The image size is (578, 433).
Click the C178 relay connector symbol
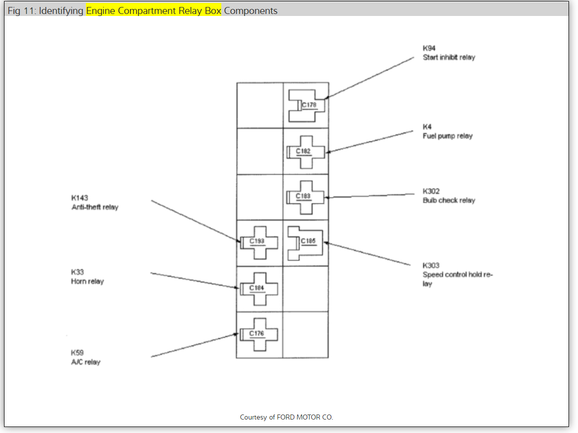307,105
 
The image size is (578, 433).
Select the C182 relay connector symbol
306,151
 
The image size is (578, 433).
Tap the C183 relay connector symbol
306,197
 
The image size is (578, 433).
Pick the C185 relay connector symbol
305,242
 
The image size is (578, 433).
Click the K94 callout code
429,48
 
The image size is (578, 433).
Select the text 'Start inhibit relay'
449,57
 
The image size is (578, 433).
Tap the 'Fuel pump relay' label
447,136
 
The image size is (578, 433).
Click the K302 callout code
431,191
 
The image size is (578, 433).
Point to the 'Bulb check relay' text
449,201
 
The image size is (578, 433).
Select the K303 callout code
431,265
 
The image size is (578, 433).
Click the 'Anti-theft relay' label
95,207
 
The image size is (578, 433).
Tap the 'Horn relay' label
87,281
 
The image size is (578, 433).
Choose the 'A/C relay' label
85,362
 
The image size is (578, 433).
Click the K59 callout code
77,353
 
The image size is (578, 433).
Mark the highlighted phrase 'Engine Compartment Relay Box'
153,10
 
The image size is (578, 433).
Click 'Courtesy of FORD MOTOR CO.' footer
286,417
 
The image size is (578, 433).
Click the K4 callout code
427,127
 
